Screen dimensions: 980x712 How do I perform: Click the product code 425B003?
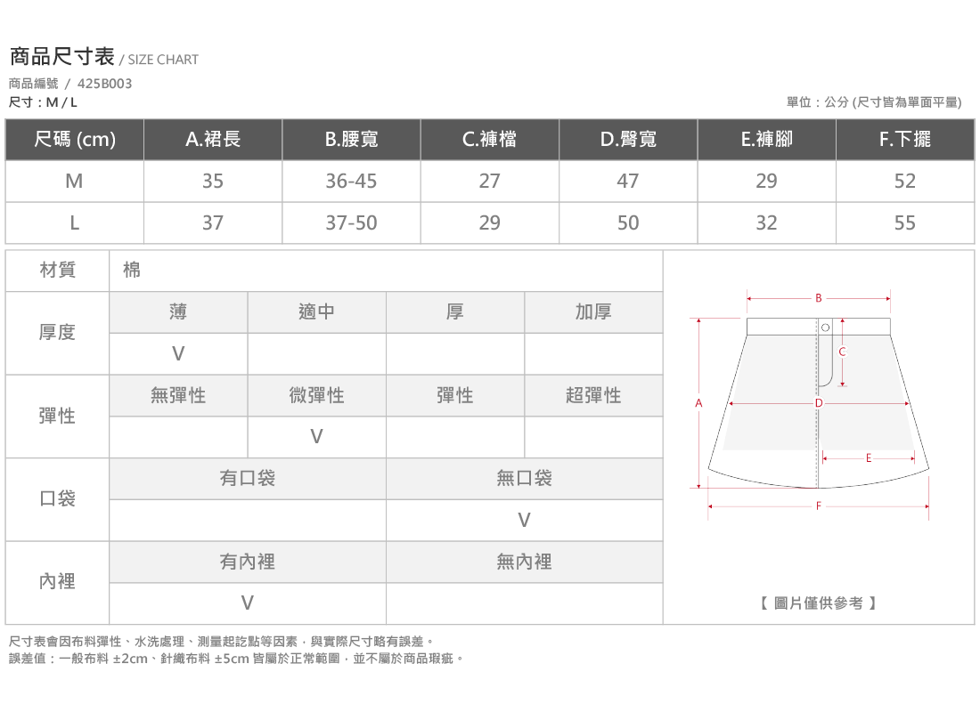(x=104, y=84)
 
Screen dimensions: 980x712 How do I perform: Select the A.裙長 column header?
(x=213, y=139)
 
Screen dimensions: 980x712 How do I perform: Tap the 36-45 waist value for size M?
(x=351, y=182)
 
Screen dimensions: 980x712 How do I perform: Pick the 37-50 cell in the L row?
(x=351, y=223)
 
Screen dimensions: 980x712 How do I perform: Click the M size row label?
(x=74, y=182)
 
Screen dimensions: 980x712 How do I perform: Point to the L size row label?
(x=74, y=223)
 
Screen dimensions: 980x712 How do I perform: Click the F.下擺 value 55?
(x=905, y=223)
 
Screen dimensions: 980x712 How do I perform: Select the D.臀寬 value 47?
(x=628, y=182)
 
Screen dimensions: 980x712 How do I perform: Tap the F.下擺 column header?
(x=905, y=139)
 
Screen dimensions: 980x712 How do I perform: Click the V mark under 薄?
(x=178, y=354)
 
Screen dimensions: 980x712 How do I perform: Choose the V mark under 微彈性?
(x=317, y=437)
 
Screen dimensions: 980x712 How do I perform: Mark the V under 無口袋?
(x=525, y=520)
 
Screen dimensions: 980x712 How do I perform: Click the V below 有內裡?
(x=248, y=603)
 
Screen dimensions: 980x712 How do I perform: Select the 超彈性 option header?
(x=593, y=395)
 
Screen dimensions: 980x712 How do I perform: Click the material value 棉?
(x=132, y=270)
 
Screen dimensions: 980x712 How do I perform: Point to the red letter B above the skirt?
(x=818, y=298)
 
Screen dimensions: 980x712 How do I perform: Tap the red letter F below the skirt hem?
(x=818, y=506)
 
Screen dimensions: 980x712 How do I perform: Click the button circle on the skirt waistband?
(x=825, y=328)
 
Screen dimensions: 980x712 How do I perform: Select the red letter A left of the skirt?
(x=698, y=403)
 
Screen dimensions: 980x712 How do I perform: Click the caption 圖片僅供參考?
(x=818, y=603)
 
